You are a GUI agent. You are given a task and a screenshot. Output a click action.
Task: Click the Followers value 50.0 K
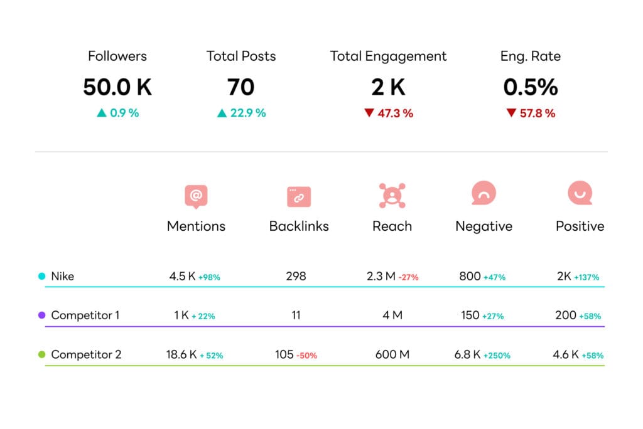(117, 87)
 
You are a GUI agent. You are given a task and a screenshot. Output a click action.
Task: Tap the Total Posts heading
(241, 56)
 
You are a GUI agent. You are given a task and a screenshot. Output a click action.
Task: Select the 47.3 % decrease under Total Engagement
(389, 114)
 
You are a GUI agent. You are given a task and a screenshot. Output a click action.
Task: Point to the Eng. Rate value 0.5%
(531, 87)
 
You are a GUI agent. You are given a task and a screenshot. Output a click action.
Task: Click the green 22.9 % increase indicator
(241, 114)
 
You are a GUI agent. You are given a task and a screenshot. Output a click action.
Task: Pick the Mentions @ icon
(196, 196)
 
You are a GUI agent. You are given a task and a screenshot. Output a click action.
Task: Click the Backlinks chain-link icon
(299, 196)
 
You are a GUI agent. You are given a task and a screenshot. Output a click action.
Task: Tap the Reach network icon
(392, 196)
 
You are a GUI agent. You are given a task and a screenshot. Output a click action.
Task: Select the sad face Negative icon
(484, 194)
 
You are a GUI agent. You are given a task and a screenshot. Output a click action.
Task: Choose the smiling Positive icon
(580, 194)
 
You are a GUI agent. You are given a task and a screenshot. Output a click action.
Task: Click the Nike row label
(62, 276)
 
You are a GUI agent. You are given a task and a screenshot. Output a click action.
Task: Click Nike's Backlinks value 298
(296, 276)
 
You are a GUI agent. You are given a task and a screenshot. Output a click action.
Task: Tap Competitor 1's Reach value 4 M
(392, 315)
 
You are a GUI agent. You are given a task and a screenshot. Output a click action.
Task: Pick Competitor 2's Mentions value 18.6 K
(181, 354)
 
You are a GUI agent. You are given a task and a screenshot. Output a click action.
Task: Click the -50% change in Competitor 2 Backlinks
(306, 356)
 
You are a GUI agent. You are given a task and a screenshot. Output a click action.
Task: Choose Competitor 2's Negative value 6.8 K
(468, 354)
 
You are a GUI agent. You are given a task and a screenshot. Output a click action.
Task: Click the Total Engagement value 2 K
(388, 87)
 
